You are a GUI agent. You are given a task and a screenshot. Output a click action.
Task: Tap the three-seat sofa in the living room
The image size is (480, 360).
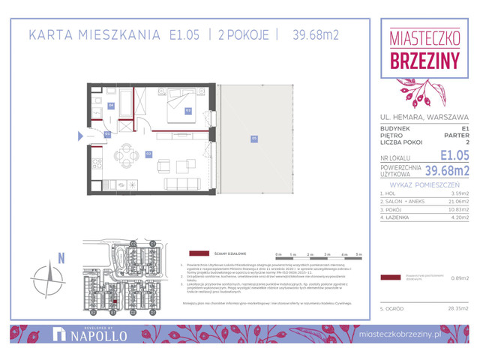coord(182,184)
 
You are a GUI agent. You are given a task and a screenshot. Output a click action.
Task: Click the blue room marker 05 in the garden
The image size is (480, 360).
coord(254,137)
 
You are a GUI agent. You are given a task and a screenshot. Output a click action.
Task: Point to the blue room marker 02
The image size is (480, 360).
coord(108,134)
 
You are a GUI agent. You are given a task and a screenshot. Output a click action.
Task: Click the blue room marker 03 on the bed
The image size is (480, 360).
coord(188,110)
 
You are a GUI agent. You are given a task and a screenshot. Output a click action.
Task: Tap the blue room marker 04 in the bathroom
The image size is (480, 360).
coord(111,105)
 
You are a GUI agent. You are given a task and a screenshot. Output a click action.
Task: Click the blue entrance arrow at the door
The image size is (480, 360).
coord(80,136)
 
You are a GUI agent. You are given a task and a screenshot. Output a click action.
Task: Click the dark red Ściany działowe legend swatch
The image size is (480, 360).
coord(198,254)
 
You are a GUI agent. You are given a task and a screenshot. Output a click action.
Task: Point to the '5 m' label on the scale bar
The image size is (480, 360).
coord(358,254)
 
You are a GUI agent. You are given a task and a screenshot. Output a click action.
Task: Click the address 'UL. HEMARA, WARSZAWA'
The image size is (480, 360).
coord(424,117)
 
